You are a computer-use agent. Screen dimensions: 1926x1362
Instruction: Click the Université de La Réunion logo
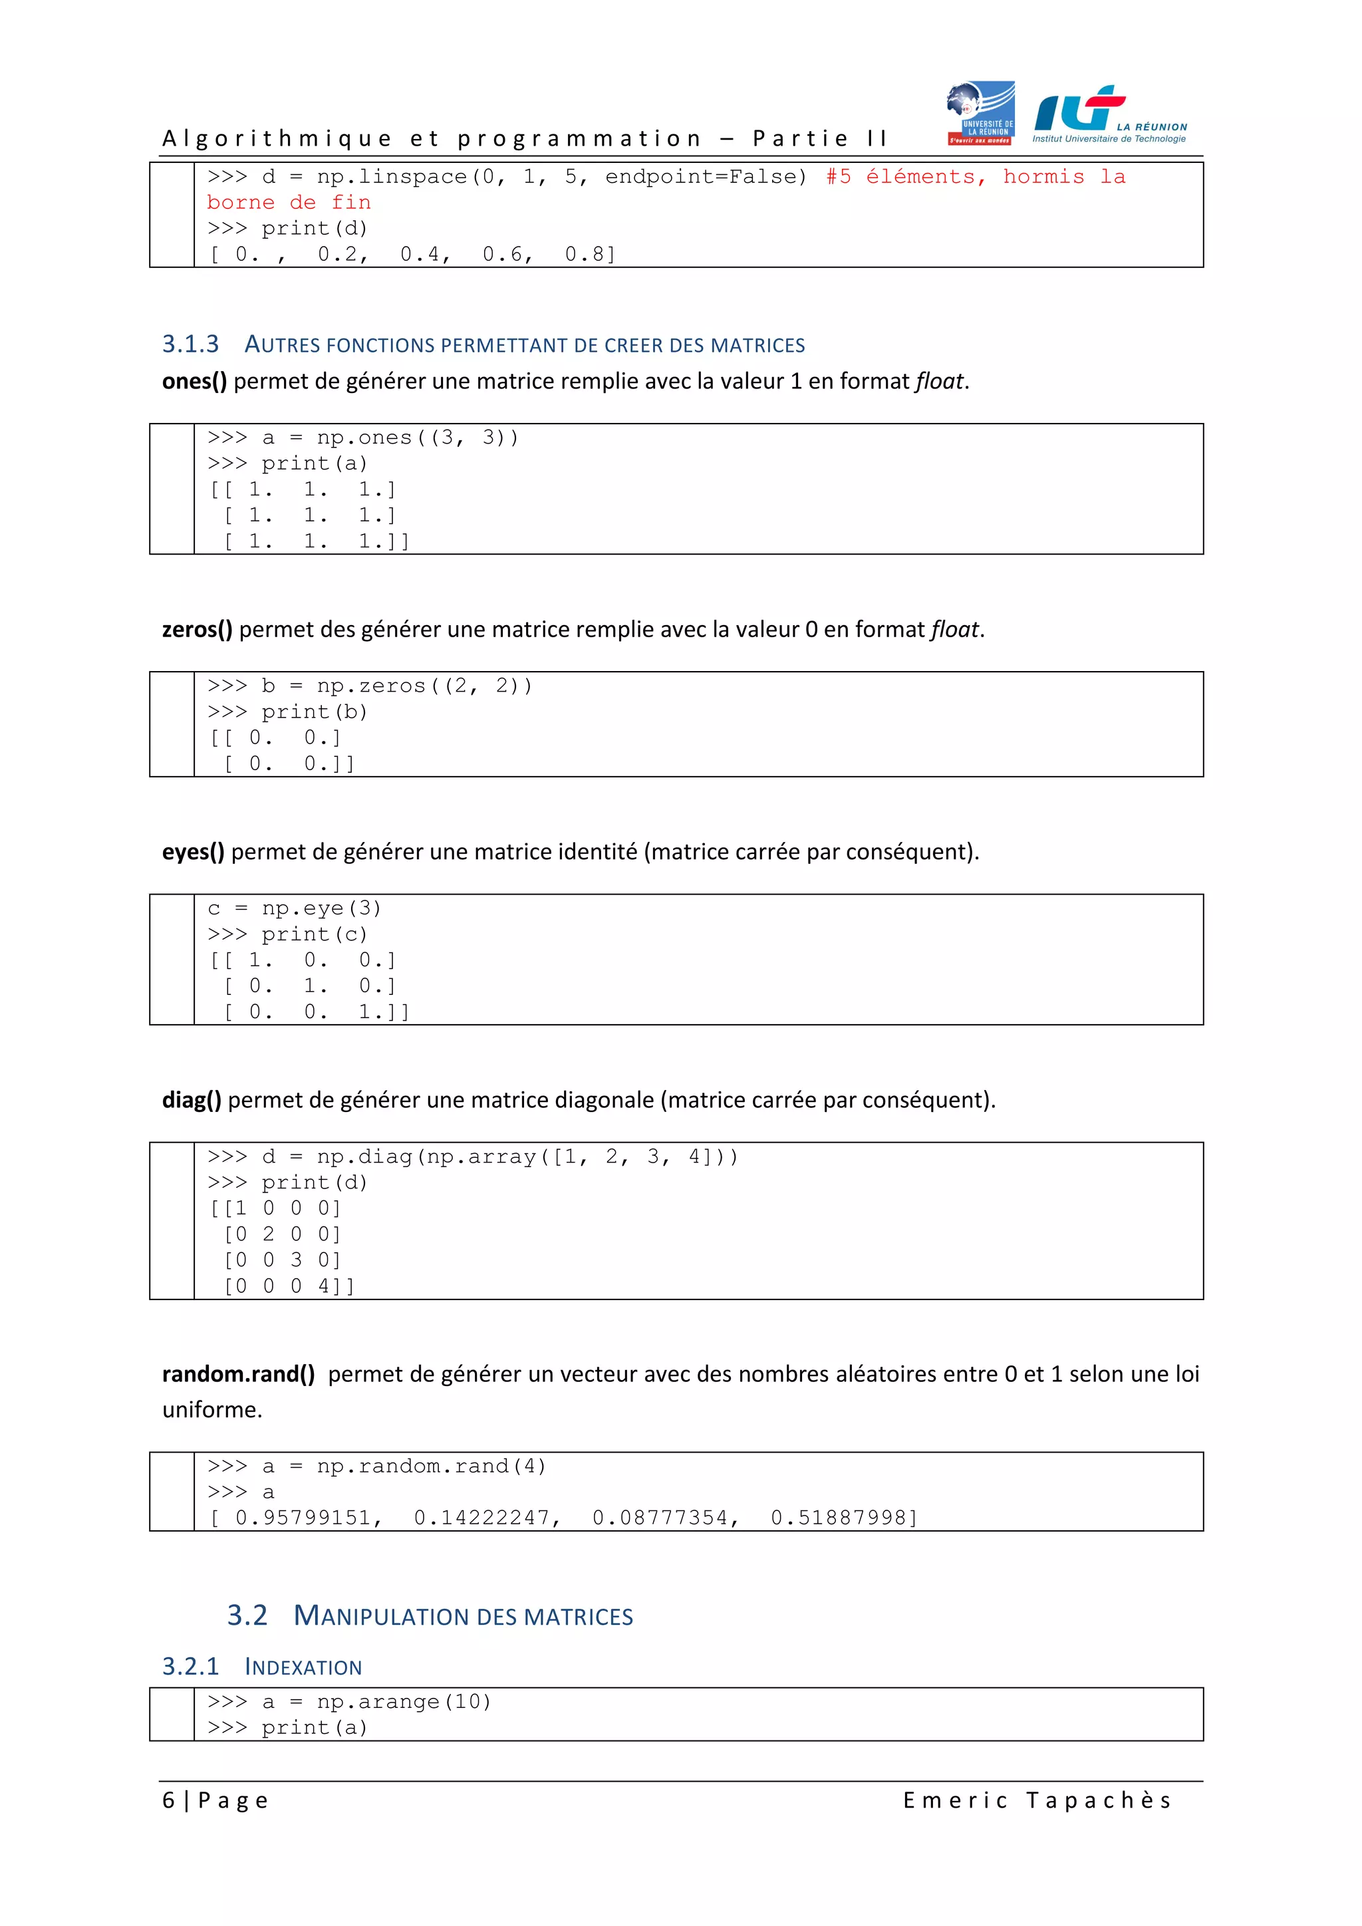(x=980, y=113)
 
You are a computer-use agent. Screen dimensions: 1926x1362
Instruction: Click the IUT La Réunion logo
(x=1109, y=115)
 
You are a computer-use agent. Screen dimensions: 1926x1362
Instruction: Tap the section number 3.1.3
(x=190, y=344)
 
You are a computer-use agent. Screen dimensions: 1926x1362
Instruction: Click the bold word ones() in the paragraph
(x=194, y=382)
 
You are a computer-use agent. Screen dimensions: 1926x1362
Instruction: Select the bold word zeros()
(x=197, y=630)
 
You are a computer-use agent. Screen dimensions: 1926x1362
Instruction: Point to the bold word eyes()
(x=193, y=853)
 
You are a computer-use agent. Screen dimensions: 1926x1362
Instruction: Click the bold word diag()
(x=192, y=1101)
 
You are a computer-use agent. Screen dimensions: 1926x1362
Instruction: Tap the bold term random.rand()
(x=238, y=1374)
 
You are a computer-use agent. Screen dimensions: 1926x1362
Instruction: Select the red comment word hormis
(x=1043, y=177)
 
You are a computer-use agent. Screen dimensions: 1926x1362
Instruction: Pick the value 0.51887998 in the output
(x=839, y=1518)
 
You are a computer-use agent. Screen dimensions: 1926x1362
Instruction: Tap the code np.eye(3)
(x=321, y=908)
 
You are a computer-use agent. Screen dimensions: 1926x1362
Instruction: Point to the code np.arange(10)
(x=404, y=1702)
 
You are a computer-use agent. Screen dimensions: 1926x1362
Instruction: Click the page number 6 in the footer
(x=168, y=1801)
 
